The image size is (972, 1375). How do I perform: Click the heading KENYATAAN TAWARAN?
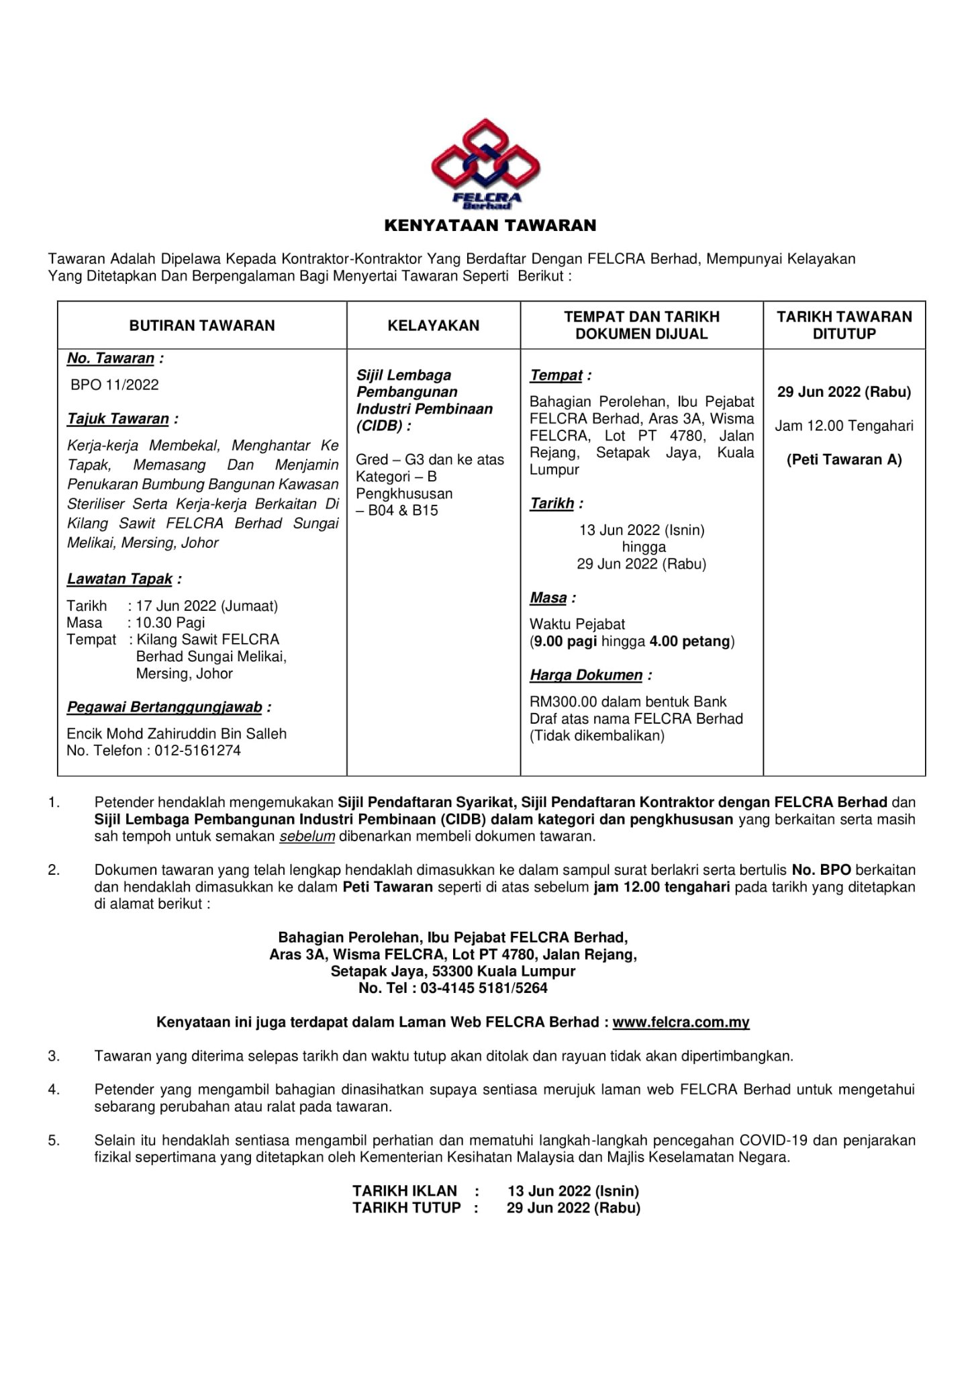point(490,226)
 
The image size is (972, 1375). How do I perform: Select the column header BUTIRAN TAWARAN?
point(202,326)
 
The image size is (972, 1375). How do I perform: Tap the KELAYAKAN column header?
point(434,326)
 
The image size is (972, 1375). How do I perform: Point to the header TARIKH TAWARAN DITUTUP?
point(844,325)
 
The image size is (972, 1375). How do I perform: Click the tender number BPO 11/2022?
point(115,385)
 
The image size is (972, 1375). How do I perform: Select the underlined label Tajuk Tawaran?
point(119,419)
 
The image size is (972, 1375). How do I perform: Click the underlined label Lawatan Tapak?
point(120,579)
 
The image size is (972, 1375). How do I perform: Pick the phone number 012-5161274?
point(197,751)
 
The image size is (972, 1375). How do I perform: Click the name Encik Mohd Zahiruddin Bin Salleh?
point(177,734)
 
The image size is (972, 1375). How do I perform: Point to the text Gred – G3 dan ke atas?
point(430,460)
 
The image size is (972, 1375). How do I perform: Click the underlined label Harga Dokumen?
point(587,675)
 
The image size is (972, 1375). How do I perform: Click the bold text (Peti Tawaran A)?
point(844,460)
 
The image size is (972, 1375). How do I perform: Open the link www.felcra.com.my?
point(681,1022)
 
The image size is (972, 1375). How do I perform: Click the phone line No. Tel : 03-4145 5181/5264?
point(453,988)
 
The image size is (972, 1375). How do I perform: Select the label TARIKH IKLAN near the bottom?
point(405,1190)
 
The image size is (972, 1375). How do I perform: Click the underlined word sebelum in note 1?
point(307,836)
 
